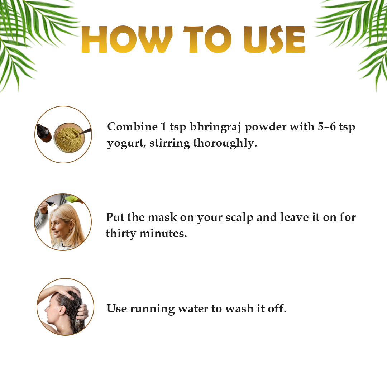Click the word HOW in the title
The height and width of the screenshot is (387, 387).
(x=126, y=39)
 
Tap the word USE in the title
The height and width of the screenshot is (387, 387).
(x=274, y=39)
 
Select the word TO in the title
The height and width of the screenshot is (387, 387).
(x=207, y=39)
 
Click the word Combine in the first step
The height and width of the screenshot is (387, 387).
(x=132, y=127)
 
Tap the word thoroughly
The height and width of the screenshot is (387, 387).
(x=225, y=143)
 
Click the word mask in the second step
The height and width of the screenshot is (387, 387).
(x=162, y=218)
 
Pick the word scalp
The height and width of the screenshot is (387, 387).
(x=239, y=218)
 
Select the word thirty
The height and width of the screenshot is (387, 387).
(x=121, y=234)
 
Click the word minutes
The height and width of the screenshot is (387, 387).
(x=163, y=234)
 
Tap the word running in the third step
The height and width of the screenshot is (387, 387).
(x=152, y=309)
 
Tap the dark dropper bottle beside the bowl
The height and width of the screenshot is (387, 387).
(x=44, y=133)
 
